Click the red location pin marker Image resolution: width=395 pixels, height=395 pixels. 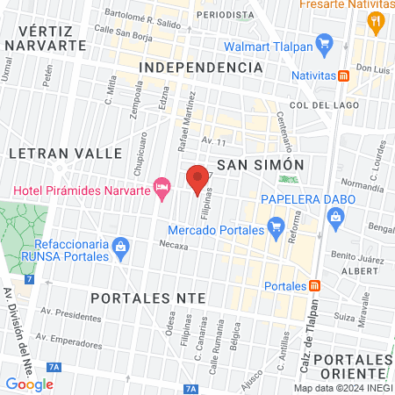[197, 179]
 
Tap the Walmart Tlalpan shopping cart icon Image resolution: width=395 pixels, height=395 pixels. [324, 41]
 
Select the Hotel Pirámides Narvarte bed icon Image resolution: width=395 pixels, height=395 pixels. [161, 186]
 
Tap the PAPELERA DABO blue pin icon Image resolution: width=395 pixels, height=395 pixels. [334, 225]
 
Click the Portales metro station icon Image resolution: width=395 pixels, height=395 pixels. [314, 285]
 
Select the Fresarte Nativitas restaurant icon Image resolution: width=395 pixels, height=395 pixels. [377, 21]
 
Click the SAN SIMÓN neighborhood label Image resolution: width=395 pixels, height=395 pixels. [260, 165]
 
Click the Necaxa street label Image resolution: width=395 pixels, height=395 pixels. [176, 247]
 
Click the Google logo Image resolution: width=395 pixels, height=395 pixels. [29, 384]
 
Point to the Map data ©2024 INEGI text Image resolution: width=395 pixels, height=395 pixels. [342, 388]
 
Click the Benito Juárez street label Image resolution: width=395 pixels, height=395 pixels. [360, 256]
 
